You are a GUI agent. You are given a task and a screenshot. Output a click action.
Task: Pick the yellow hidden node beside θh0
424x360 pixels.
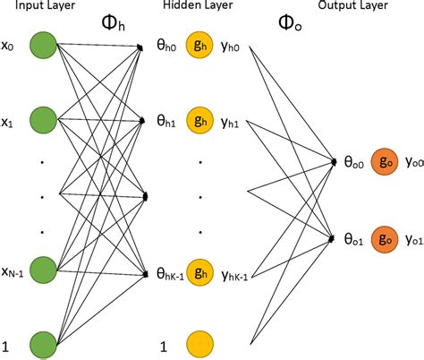click(200, 45)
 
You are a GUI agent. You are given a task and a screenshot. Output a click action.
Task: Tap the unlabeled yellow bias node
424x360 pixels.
click(200, 344)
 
